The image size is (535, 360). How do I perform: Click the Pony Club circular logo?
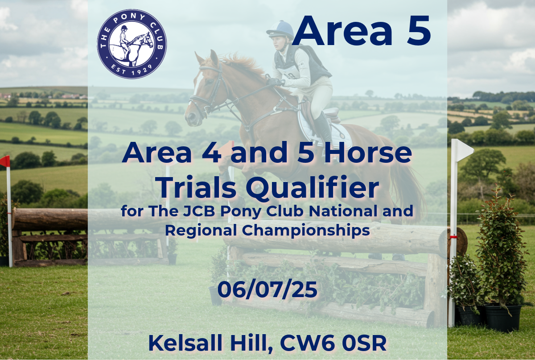[x=132, y=44]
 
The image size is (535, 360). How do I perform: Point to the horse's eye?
[x=209, y=82]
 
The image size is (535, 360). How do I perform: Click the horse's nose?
[x=191, y=118]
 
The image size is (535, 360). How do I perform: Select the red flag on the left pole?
[x=5, y=161]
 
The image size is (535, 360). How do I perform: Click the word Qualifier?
[x=313, y=187]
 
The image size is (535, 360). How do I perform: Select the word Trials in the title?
[x=197, y=187]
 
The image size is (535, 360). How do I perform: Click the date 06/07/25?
[x=267, y=290]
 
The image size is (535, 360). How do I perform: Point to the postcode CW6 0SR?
[x=333, y=343]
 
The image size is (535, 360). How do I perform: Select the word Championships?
[x=306, y=231]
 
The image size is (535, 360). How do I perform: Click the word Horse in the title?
[x=367, y=152]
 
